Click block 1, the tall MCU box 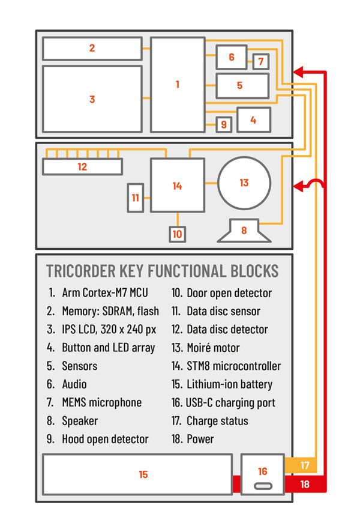[x=178, y=85]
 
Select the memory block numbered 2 [x=92, y=48]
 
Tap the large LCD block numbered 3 [x=92, y=99]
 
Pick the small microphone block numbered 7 [x=260, y=61]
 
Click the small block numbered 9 [x=224, y=124]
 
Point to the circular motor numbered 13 [x=244, y=183]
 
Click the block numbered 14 [x=177, y=186]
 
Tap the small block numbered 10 [x=177, y=234]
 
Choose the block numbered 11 [x=136, y=198]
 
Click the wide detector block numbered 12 [x=82, y=166]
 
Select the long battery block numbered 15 [x=137, y=474]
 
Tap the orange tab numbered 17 [x=305, y=465]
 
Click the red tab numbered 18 [x=305, y=483]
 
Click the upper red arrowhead [x=297, y=73]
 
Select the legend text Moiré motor [x=213, y=348]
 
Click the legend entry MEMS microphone [x=101, y=402]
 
